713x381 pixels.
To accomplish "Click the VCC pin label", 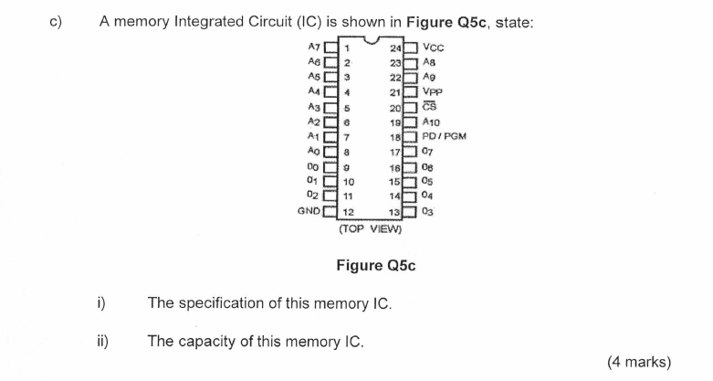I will point(435,47).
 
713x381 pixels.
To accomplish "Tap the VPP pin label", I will point(434,91).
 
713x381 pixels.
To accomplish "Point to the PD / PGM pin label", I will point(445,136).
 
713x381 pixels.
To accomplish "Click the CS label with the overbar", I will point(431,106).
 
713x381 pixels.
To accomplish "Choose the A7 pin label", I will point(314,47).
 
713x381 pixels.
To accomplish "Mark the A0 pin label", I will point(314,151).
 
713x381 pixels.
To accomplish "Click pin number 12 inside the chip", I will point(348,212).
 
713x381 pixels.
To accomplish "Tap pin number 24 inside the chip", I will point(395,48).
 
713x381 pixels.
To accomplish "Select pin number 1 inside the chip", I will point(346,48).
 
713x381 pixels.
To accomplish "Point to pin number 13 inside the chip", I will point(395,212).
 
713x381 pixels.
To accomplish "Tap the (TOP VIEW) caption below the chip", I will point(371,229).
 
